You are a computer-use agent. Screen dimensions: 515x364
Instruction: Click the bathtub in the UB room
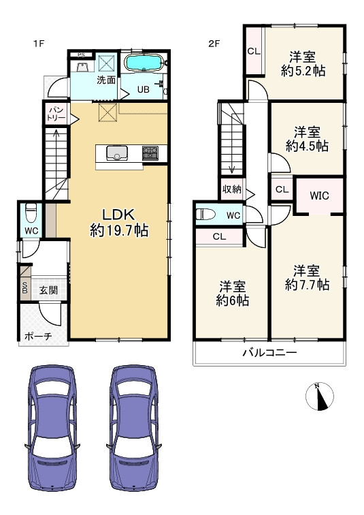pos(143,63)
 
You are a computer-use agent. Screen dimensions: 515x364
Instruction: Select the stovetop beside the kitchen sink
pos(150,154)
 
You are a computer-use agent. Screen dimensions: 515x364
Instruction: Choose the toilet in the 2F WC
pos(205,215)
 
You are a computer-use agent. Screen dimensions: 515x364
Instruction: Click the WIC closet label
pos(318,196)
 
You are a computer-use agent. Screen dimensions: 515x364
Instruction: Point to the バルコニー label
pos(269,353)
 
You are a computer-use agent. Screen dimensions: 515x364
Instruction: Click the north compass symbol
pos(321,397)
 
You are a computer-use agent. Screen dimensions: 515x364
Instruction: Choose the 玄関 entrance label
pos(48,290)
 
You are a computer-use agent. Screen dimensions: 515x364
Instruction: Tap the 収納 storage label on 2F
pos(231,189)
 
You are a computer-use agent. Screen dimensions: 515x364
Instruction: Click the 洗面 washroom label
pos(105,80)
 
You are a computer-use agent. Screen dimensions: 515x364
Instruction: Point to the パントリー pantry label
pos(55,113)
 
